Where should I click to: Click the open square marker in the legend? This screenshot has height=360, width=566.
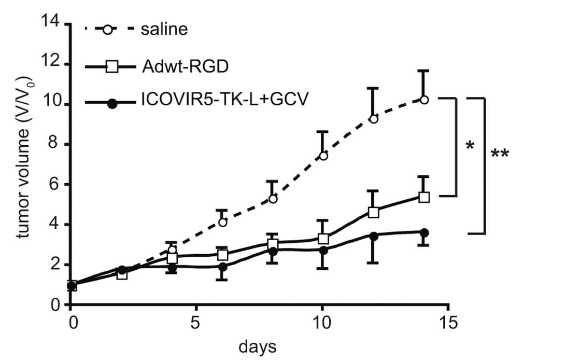click(111, 67)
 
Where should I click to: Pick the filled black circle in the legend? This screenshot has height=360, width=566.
click(111, 103)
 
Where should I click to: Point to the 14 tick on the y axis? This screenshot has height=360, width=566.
click(50, 24)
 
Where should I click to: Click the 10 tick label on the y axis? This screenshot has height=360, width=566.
click(50, 104)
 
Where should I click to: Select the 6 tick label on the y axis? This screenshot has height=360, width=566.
click(55, 185)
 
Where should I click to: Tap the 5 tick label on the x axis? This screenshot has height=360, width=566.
click(196, 323)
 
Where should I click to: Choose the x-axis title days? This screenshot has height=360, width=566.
click(258, 345)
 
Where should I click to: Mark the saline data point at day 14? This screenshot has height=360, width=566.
click(424, 100)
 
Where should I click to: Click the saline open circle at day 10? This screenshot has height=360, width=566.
click(323, 156)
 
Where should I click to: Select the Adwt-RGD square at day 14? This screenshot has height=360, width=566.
click(424, 197)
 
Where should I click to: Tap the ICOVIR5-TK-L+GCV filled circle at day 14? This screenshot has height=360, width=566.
click(424, 232)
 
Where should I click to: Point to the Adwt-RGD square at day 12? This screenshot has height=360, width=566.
click(374, 212)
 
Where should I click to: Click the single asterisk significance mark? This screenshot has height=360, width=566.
click(470, 146)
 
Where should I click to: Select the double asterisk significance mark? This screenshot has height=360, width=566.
click(499, 154)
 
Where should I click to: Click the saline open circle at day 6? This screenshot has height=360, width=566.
click(223, 222)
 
